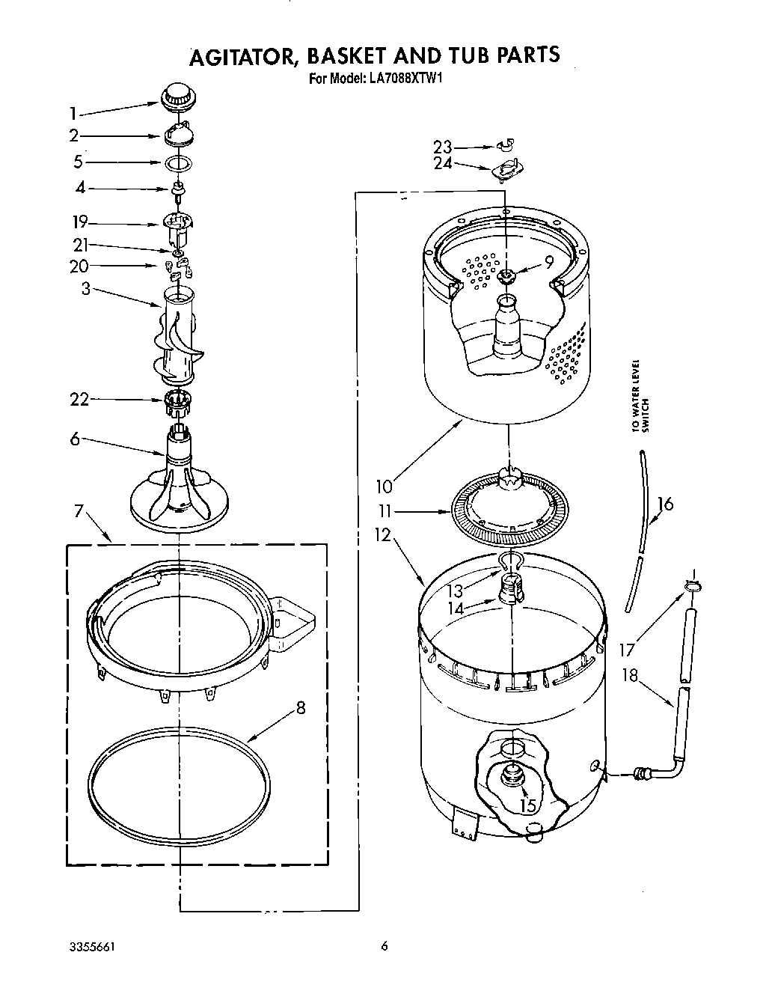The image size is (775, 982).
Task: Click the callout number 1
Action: click(73, 114)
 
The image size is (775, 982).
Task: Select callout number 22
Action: click(79, 400)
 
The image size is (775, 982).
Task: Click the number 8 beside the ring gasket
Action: click(301, 707)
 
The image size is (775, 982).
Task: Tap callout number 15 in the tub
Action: click(527, 805)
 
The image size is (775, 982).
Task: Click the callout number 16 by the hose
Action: click(664, 504)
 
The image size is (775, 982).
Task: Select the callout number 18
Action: click(630, 675)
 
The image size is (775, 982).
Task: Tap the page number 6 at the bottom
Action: click(384, 946)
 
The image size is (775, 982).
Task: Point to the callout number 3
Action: click(86, 288)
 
